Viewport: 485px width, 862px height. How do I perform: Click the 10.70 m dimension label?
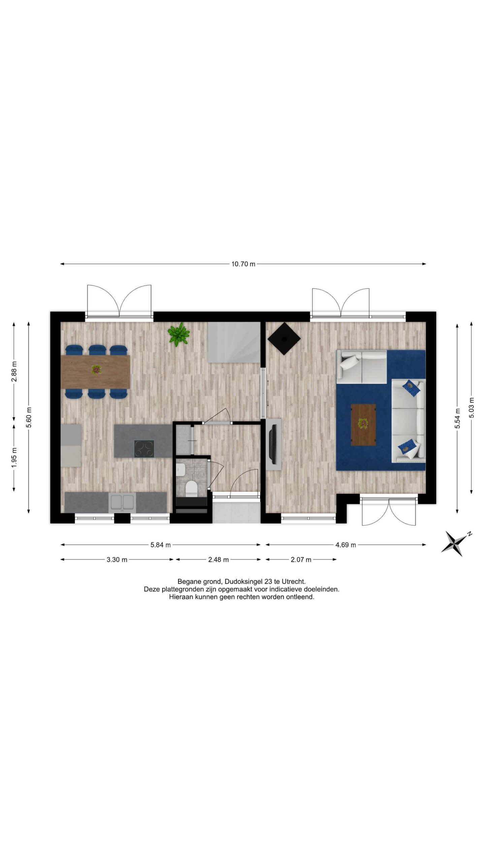tap(243, 264)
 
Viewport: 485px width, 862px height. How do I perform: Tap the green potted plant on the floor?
tap(179, 334)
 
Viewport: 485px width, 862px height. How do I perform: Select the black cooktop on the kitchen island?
tap(144, 448)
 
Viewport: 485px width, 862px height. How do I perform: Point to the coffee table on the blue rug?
tap(363, 424)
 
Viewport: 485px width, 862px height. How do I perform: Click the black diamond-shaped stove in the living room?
tap(284, 339)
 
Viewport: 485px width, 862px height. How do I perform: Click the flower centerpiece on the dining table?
tap(96, 369)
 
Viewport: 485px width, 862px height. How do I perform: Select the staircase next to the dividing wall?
tap(234, 342)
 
